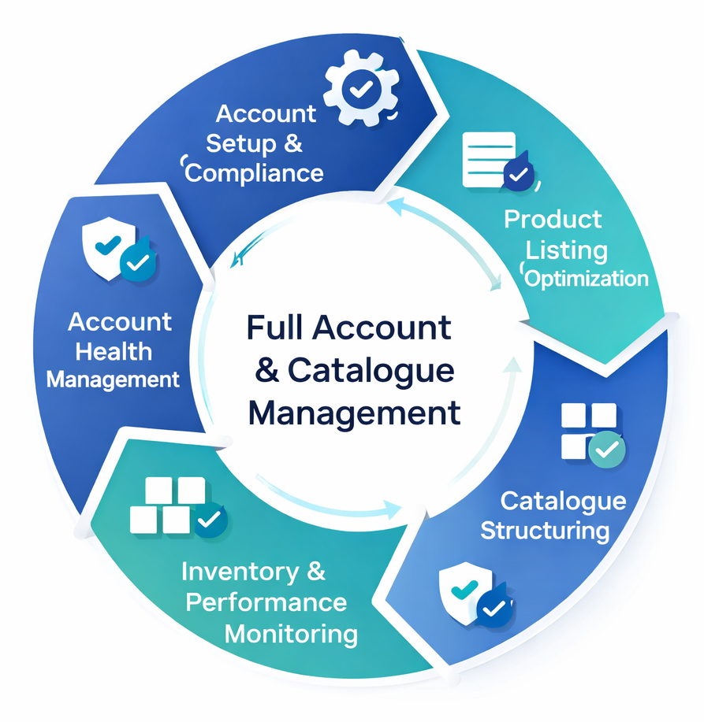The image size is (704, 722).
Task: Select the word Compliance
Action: pyautogui.click(x=255, y=173)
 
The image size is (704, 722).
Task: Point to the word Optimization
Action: pyautogui.click(x=587, y=278)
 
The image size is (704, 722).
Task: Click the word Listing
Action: pyautogui.click(x=567, y=250)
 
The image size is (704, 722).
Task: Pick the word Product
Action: pyautogui.click(x=553, y=219)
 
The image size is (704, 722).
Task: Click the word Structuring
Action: pyautogui.click(x=545, y=530)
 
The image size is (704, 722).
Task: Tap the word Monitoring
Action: pyautogui.click(x=291, y=633)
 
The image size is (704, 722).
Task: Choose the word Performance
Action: pyautogui.click(x=266, y=602)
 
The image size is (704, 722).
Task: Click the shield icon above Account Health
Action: pyautogui.click(x=119, y=252)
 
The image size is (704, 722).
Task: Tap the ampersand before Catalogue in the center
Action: pyautogui.click(x=267, y=370)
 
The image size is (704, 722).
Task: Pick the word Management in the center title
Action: pyautogui.click(x=354, y=413)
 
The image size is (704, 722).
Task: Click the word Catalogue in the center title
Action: pyautogui.click(x=371, y=370)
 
